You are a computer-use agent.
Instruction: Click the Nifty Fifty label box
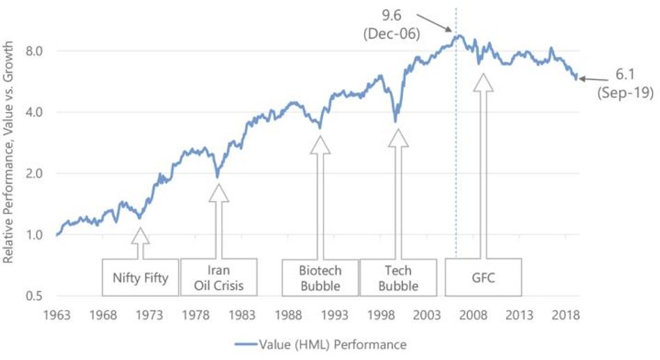(140, 279)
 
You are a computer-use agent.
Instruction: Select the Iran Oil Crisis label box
(219, 279)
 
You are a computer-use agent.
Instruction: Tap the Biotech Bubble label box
(320, 279)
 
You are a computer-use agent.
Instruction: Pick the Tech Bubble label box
(399, 279)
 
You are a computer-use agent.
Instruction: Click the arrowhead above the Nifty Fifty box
(140, 235)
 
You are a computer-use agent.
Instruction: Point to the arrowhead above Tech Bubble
(399, 137)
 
